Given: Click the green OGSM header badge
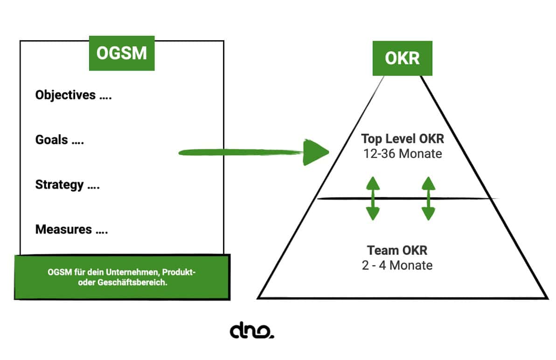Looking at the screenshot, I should pos(122,53).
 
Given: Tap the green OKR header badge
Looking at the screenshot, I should pos(402,58).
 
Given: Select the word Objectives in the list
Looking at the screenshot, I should pos(65,95).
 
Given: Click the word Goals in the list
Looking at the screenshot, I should pos(52,140).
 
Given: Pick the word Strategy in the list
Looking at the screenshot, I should pos(59,185).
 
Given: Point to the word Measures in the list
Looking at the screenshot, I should pos(63,229).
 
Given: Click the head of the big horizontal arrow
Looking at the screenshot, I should pos(316,152).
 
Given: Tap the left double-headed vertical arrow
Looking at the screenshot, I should pos(372,198).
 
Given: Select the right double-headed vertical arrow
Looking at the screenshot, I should pos(428,198).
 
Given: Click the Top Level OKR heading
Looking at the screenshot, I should pos(402,139).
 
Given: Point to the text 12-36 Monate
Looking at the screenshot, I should pos(402,153).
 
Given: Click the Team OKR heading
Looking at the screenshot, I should pos(397,250).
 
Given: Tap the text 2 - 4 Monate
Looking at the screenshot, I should pos(397,265).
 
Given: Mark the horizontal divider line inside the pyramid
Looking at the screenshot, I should pos(406,199).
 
